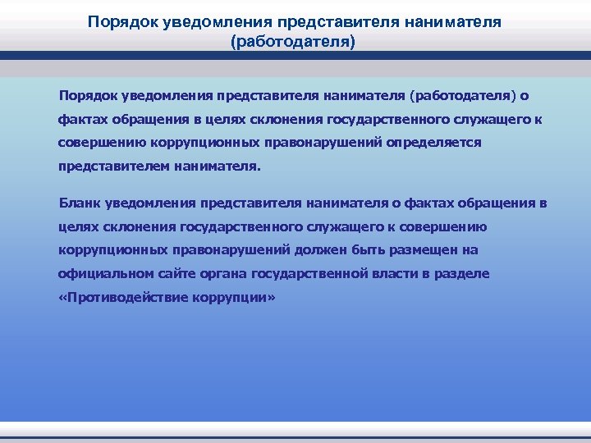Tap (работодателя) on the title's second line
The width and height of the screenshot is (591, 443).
[295, 41]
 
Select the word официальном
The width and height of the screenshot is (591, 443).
[103, 273]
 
